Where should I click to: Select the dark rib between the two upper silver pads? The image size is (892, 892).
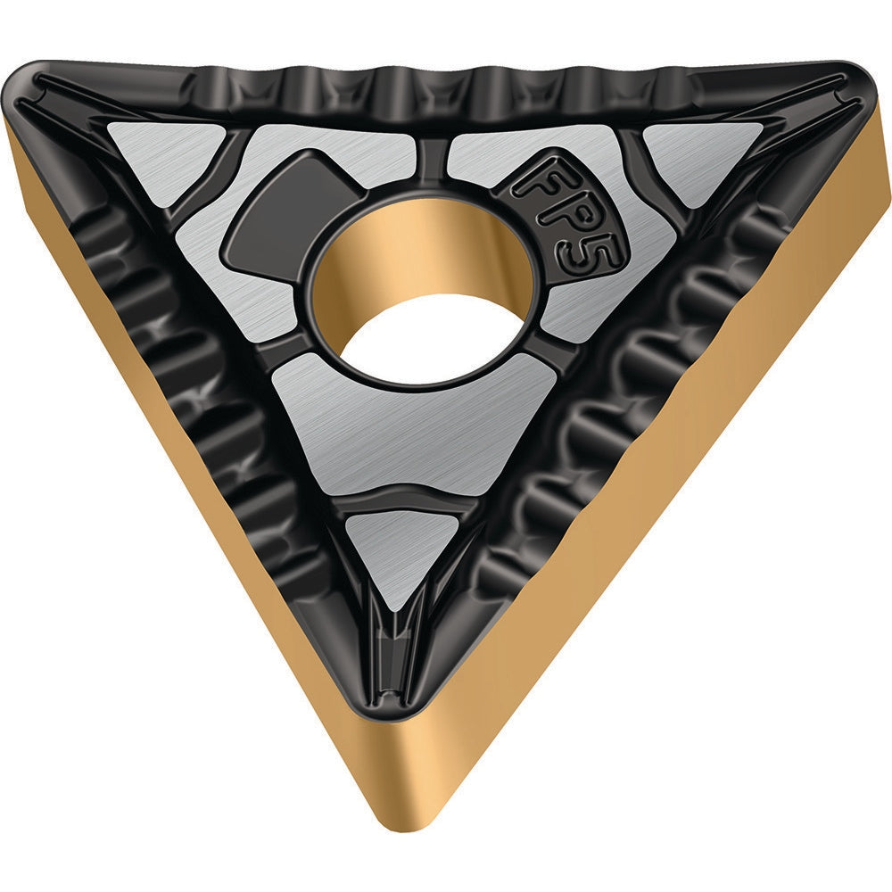[430, 161]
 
